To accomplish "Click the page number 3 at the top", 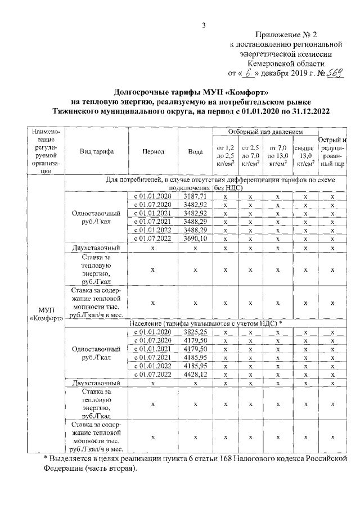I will coord(204,25).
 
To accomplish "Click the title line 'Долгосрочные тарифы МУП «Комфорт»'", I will coord(195,92).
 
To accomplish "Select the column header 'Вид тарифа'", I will coord(97,152).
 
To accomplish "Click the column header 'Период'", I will coord(153,152).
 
